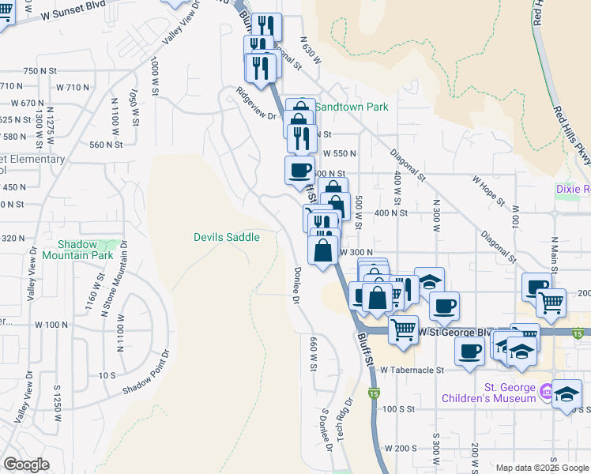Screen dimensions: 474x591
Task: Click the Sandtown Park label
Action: coord(352,107)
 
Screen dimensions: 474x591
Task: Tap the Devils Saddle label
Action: coord(227,237)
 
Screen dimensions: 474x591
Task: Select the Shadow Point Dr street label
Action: coord(146,374)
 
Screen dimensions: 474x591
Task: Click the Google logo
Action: coord(26,465)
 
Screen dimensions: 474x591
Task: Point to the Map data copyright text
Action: coord(542,467)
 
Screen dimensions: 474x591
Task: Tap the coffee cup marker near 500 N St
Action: coord(299,171)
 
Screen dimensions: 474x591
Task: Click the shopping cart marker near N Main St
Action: coord(551,302)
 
